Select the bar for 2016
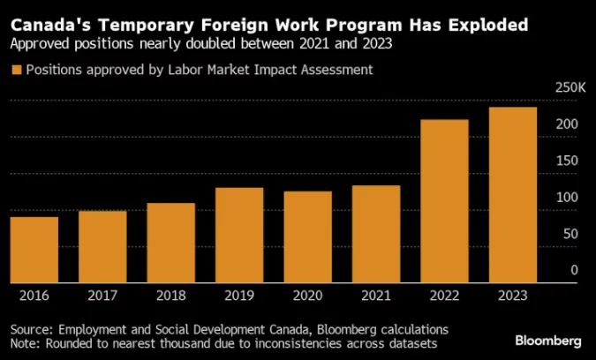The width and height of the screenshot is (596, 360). coord(34,250)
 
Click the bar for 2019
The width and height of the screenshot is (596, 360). coord(239,235)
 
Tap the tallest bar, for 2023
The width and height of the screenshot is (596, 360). coord(513,195)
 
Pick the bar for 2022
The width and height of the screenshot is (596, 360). coord(444,201)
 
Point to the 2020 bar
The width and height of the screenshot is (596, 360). coord(308,236)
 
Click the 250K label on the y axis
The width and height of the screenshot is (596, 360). coord(570,87)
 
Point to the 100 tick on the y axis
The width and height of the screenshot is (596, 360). coord(567,198)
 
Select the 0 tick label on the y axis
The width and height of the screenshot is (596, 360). coord(574,270)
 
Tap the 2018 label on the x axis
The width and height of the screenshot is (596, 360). coord(171,296)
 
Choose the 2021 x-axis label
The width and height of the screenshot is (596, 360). coord(376,296)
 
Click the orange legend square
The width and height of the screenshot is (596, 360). coord(17,70)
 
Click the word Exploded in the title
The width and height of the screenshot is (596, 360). coord(488,25)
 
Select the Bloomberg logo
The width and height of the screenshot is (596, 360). coord(548,341)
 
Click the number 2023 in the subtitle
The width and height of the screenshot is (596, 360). coord(377,44)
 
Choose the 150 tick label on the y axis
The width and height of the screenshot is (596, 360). coord(567,161)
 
